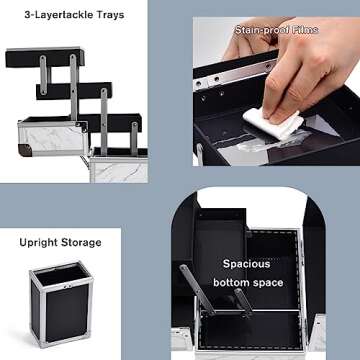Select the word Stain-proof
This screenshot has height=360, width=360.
tap(261, 30)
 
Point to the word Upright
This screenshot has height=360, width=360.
tap(38, 242)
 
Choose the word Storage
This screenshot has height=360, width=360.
tap(81, 242)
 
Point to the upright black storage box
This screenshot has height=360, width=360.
tap(64, 305)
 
